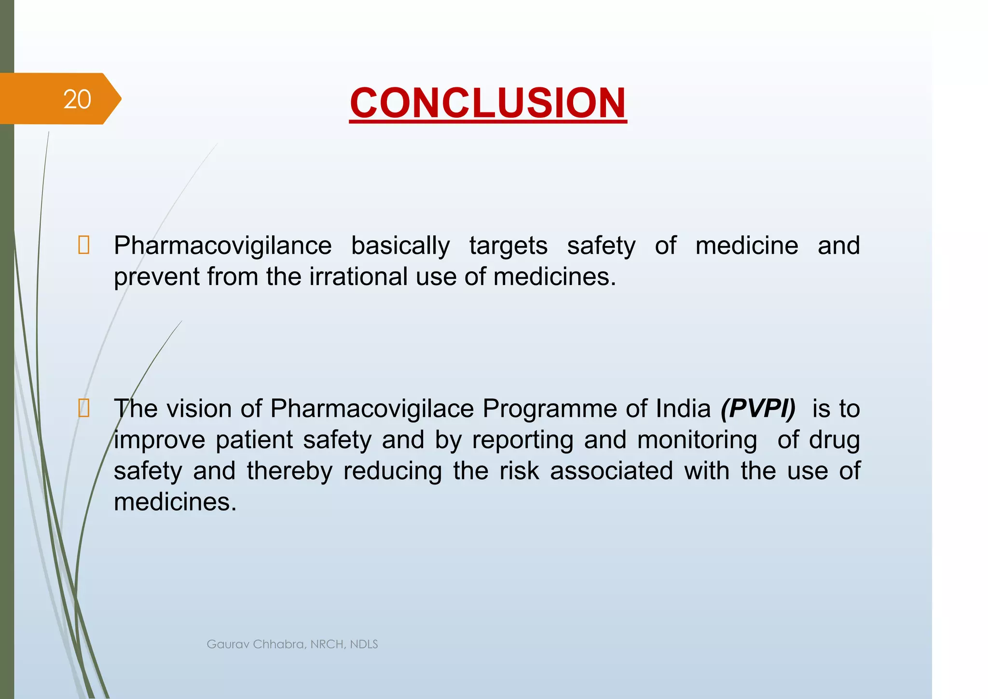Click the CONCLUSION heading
tap(488, 103)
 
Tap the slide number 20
tap(77, 99)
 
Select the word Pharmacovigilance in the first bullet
tap(222, 246)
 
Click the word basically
tap(400, 246)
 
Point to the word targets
tap(508, 246)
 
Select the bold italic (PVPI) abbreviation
tap(757, 409)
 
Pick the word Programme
tap(549, 409)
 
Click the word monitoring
tap(697, 440)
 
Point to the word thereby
tap(289, 471)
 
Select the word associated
tap(611, 471)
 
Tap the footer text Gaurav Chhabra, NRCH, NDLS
tap(292, 644)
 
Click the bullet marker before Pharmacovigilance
tap(83, 246)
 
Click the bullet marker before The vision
tap(83, 409)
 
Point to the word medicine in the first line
tap(746, 246)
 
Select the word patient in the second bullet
tap(254, 440)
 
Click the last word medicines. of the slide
tap(175, 502)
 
